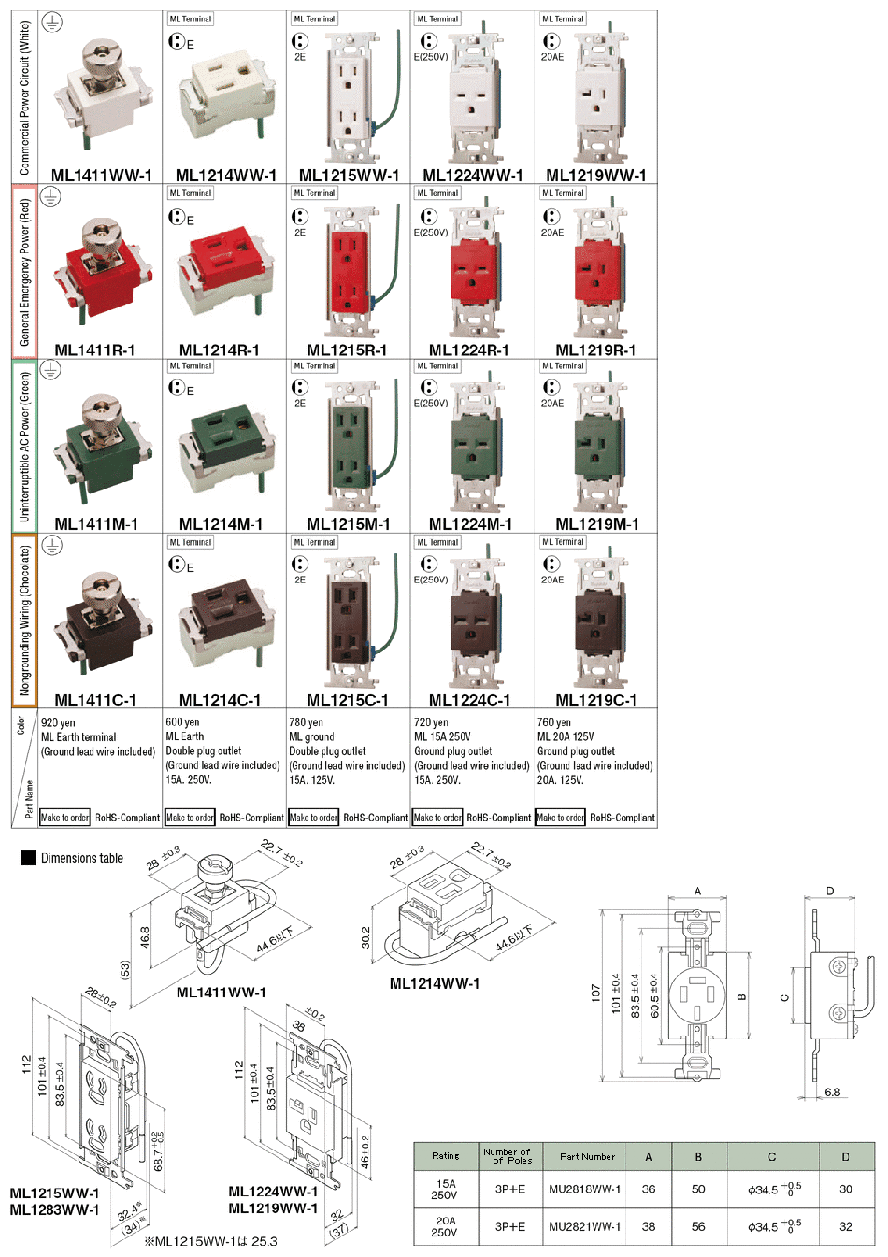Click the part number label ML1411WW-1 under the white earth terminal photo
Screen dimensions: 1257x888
pyautogui.click(x=101, y=175)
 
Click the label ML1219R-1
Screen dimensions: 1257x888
pyautogui.click(x=595, y=350)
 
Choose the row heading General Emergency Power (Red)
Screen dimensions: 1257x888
pyautogui.click(x=24, y=272)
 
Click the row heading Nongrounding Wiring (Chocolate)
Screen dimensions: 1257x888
pyautogui.click(x=24, y=621)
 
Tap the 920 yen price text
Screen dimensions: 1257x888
pyautogui.click(x=59, y=722)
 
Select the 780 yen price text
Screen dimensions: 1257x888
pyautogui.click(x=307, y=722)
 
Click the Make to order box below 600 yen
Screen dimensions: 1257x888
pyautogui.click(x=190, y=817)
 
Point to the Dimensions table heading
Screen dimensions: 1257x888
pyautogui.click(x=82, y=858)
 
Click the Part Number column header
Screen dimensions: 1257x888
pyautogui.click(x=587, y=1156)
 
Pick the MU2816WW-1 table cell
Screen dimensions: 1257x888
pyautogui.click(x=585, y=1189)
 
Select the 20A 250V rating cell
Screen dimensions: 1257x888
pyautogui.click(x=445, y=1226)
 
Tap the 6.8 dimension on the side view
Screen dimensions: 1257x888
pyautogui.click(x=832, y=1092)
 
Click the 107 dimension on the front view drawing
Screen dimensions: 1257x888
pyautogui.click(x=596, y=993)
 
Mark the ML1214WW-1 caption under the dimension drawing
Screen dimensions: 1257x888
pyautogui.click(x=434, y=983)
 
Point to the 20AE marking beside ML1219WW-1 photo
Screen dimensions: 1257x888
pyautogui.click(x=552, y=57)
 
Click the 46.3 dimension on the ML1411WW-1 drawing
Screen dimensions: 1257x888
pyautogui.click(x=145, y=936)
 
